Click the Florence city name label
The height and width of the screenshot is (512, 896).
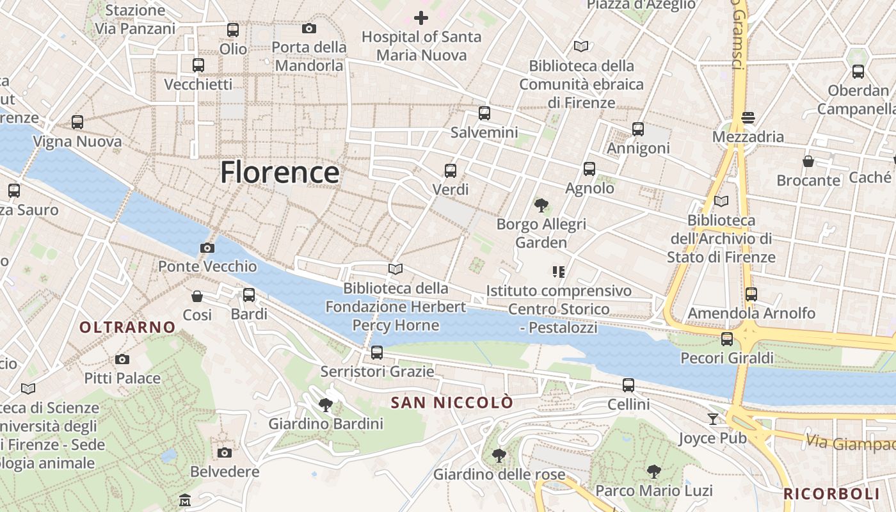click(x=280, y=173)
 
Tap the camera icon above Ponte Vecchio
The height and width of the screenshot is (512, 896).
click(x=207, y=248)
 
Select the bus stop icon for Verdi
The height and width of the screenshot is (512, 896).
click(x=451, y=171)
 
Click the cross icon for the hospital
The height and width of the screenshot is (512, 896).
click(x=420, y=18)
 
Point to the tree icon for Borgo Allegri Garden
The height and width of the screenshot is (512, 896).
click(x=541, y=205)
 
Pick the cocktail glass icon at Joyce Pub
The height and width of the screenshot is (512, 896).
click(x=713, y=419)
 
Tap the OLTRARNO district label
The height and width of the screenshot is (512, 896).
click(x=127, y=327)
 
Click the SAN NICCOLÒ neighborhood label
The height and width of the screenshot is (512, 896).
click(x=452, y=403)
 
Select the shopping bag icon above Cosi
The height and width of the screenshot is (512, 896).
click(x=197, y=296)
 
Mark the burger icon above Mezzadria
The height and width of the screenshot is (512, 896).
click(x=748, y=118)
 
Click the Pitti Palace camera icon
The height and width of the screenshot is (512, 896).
click(x=122, y=360)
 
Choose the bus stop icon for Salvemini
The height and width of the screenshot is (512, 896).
click(x=484, y=113)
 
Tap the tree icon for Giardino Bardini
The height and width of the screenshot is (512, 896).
click(x=326, y=404)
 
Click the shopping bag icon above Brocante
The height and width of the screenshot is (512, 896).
click(x=808, y=161)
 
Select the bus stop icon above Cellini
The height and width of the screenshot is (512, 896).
click(x=628, y=385)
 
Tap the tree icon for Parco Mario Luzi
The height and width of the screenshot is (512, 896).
click(x=653, y=472)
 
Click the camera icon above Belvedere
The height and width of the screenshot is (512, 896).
click(x=225, y=452)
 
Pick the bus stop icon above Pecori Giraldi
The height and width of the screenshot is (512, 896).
click(x=727, y=339)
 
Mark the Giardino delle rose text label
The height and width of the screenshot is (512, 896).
click(x=499, y=475)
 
